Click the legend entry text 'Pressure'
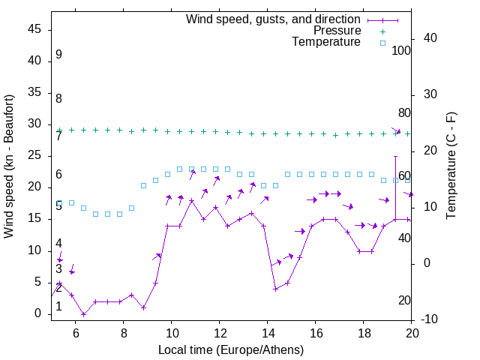[x=337, y=31]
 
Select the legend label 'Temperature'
[x=326, y=42]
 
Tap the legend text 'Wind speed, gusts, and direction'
[x=274, y=19]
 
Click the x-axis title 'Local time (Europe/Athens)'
[x=231, y=350]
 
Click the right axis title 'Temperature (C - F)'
[x=451, y=166]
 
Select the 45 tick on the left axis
[x=34, y=29]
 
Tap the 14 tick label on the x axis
[x=267, y=334]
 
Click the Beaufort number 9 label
[x=58, y=55]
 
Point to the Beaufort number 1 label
[x=58, y=307]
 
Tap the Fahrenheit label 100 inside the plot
[x=401, y=50]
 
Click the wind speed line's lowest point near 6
[x=83, y=314]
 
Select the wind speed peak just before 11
[x=191, y=200]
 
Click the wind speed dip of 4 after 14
[x=275, y=289]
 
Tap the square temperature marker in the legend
[x=382, y=43]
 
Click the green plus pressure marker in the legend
[x=382, y=31]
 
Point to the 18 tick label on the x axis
[x=364, y=334]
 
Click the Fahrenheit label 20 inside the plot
[x=404, y=301]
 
